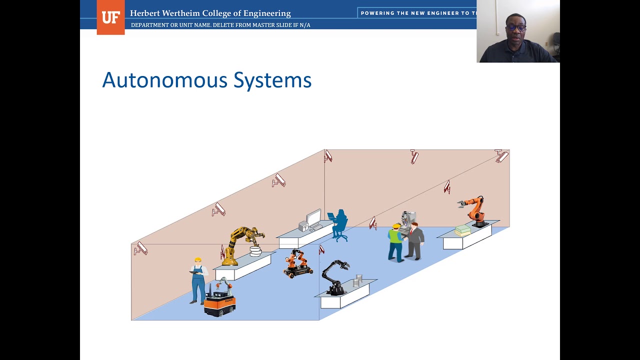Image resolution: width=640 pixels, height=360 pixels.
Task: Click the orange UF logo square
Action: pos(110,17)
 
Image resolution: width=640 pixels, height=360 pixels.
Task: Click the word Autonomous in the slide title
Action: pos(164,80)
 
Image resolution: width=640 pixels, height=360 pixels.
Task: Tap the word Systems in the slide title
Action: pos(272,80)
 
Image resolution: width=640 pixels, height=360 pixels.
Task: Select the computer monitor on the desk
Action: pos(314,218)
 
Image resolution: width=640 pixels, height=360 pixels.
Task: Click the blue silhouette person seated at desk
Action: pos(339,225)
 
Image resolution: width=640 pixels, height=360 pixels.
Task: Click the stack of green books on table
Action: pos(462,230)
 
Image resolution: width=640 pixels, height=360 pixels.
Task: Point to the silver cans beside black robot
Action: pos(358,280)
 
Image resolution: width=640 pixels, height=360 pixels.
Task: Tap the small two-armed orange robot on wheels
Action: pos(297,264)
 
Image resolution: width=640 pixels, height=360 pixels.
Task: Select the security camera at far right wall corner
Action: pos(501,156)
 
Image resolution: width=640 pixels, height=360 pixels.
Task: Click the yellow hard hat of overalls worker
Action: pos(198,260)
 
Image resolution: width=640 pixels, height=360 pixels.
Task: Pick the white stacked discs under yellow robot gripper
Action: pos(255,251)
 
